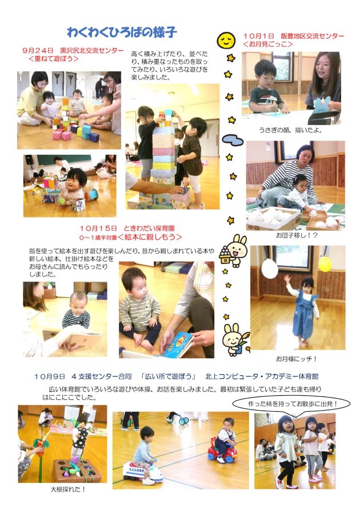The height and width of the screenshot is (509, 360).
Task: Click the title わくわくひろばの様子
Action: [122, 33]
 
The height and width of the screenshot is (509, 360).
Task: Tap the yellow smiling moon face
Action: [226, 40]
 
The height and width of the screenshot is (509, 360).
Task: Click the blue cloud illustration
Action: [233, 140]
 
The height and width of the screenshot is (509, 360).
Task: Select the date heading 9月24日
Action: [38, 51]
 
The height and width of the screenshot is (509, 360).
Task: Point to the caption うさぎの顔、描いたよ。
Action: [290, 130]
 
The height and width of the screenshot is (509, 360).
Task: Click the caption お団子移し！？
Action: [297, 235]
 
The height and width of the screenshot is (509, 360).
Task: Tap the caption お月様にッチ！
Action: [296, 359]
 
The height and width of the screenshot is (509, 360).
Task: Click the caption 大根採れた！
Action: [68, 489]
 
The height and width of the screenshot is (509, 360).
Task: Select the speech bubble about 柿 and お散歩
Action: [291, 404]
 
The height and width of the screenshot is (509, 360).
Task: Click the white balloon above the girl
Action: [270, 268]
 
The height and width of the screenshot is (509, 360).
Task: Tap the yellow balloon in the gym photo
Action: [325, 264]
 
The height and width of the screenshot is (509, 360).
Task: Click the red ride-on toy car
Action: [222, 451]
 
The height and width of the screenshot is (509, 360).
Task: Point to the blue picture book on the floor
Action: [178, 344]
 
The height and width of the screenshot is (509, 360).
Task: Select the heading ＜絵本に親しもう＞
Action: [150, 237]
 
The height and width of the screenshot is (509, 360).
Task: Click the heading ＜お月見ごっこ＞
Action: [268, 44]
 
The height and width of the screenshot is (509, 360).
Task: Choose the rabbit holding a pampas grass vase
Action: [235, 339]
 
